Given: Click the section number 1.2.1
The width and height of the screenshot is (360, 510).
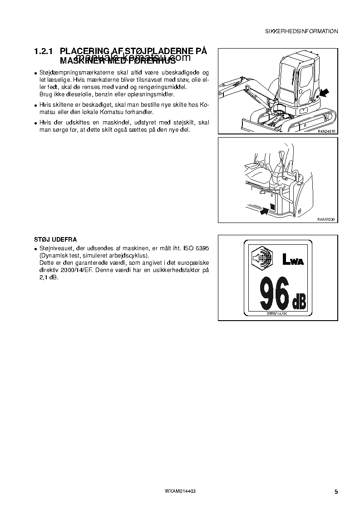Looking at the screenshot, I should [x=44, y=52].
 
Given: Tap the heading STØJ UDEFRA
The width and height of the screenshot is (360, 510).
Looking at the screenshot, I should [x=55, y=239].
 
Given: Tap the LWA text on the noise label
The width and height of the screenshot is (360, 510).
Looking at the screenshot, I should [x=293, y=260].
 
